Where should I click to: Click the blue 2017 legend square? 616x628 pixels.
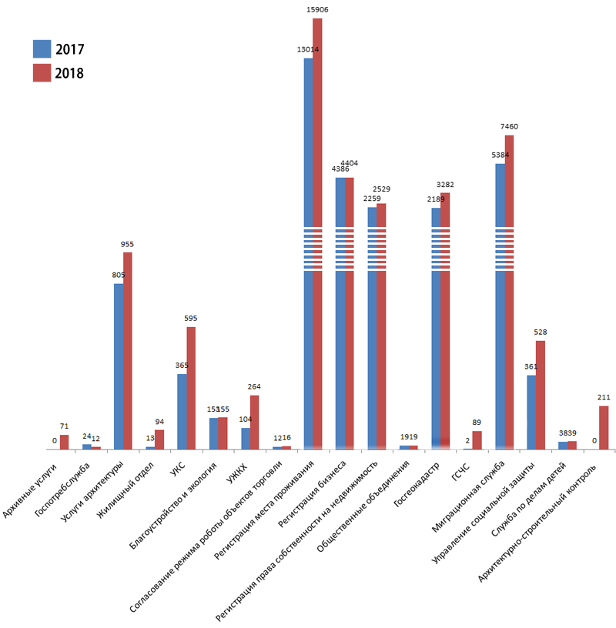coord(42,49)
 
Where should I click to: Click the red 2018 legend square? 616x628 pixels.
coord(42,73)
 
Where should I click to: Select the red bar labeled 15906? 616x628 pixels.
coord(317,231)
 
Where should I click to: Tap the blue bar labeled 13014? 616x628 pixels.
coord(308,254)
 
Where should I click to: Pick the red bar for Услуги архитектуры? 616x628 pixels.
coord(128,350)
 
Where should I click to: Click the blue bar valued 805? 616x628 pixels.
coord(119,366)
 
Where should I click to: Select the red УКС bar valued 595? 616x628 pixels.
coord(191,388)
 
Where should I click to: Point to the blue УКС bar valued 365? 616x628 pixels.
coord(182,411)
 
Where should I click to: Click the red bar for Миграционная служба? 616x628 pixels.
coord(509,292)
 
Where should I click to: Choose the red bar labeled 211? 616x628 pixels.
coord(604,427)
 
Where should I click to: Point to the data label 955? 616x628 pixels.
coord(127,244)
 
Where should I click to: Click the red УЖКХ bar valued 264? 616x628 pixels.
coord(254,422)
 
